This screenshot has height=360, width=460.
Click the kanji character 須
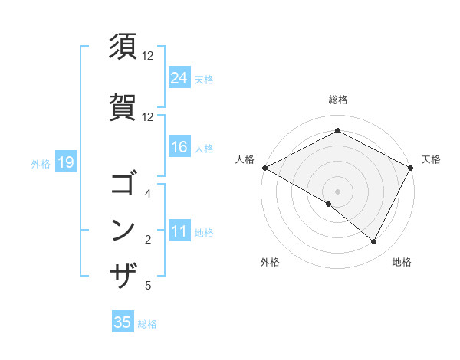(123, 47)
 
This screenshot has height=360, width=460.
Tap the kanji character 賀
(123, 106)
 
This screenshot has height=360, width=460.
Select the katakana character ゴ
(123, 185)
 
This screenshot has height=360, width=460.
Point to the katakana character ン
(123, 230)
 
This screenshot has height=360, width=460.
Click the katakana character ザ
(123, 275)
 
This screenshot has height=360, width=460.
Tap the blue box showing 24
(179, 78)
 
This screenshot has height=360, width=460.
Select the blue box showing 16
(179, 148)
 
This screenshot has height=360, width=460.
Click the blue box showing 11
(179, 232)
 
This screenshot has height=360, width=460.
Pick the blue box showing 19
(65, 162)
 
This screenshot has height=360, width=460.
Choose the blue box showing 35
(123, 322)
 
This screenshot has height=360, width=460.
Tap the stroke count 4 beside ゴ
(148, 195)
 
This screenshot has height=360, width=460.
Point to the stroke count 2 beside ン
(148, 241)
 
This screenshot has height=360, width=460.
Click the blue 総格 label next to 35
(147, 324)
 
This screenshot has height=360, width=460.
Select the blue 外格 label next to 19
(41, 163)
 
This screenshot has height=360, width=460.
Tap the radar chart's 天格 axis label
(431, 159)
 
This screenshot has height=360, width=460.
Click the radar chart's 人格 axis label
(245, 159)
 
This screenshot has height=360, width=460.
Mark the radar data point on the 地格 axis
(374, 242)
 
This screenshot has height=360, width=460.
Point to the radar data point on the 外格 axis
(329, 204)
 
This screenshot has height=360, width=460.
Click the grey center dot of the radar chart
(337, 191)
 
